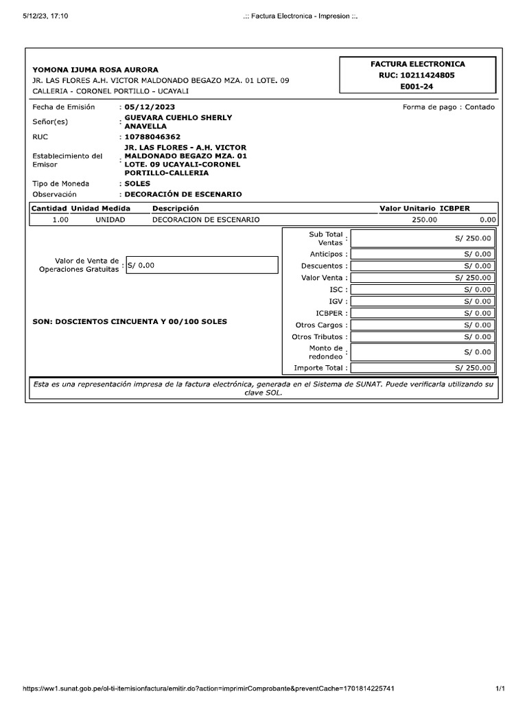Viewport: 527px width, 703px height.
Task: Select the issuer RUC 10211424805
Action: (417, 76)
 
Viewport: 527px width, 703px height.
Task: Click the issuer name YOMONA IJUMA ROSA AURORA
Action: (95, 70)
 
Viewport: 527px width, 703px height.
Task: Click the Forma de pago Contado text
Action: (448, 107)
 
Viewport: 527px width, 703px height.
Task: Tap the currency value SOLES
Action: (137, 184)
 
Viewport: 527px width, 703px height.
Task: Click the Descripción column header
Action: (175, 208)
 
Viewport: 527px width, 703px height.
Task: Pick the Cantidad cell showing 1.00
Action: (60, 220)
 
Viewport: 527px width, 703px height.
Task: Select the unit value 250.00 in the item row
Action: (423, 220)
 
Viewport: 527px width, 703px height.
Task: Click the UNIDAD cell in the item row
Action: (110, 220)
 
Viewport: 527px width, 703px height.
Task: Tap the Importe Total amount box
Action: (422, 369)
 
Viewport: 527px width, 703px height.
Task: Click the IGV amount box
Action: (422, 301)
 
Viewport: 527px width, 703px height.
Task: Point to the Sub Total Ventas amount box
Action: (422, 239)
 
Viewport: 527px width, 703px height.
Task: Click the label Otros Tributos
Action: (319, 337)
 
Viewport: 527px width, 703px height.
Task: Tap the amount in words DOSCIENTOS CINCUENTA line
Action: (130, 321)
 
